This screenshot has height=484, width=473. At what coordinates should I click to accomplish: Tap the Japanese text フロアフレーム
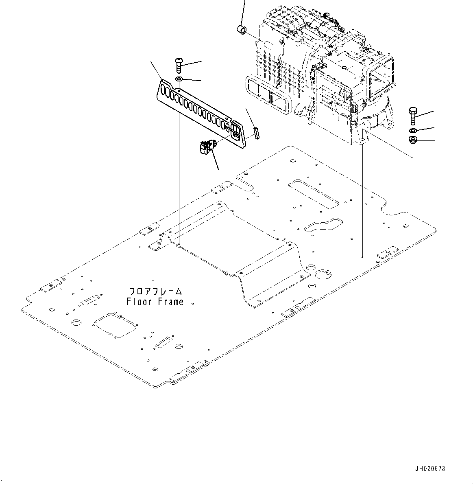[x=155, y=291]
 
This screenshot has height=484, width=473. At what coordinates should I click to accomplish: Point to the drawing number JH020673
[x=430, y=469]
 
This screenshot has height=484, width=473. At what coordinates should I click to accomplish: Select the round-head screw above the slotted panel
[x=179, y=65]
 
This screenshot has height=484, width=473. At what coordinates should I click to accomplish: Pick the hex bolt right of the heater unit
[x=413, y=116]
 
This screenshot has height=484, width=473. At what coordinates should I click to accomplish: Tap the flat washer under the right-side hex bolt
[x=413, y=130]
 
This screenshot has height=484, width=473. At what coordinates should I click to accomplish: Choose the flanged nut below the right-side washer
[x=412, y=140]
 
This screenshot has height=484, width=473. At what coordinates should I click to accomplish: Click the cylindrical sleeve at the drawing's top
[x=242, y=30]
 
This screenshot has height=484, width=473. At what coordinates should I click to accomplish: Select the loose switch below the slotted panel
[x=207, y=147]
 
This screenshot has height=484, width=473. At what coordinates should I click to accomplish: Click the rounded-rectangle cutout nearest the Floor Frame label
[x=90, y=300]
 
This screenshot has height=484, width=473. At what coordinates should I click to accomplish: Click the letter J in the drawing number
[x=417, y=469]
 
